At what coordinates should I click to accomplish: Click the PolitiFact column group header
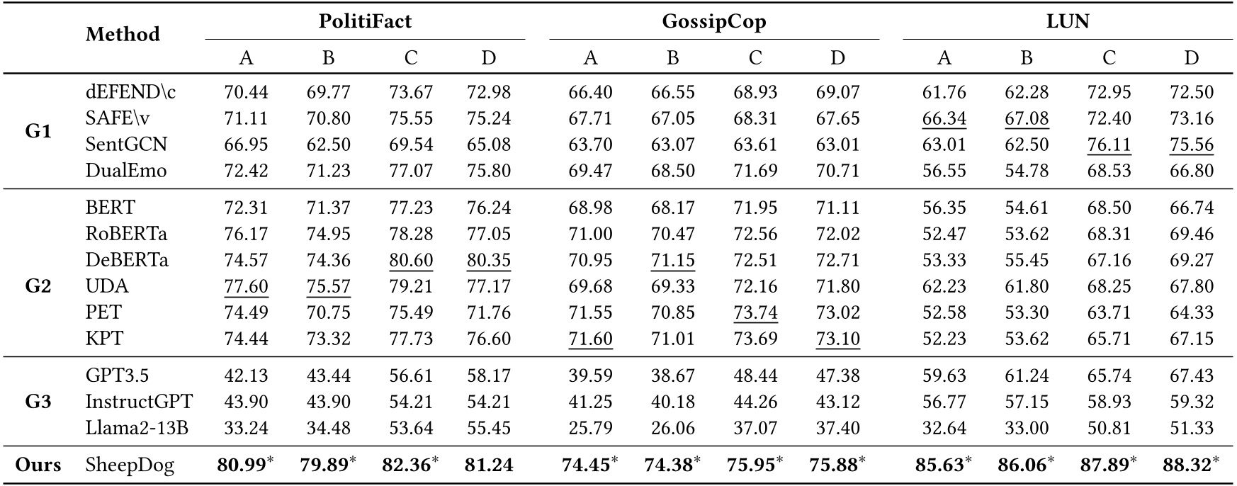click(364, 21)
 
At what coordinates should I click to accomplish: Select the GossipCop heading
click(713, 21)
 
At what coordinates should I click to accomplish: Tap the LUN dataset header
click(1067, 21)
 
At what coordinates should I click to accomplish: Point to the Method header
click(123, 34)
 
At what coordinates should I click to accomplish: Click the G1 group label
click(38, 131)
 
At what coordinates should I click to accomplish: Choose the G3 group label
click(38, 402)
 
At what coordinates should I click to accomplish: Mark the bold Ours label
click(38, 465)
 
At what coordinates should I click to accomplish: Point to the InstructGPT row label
click(139, 402)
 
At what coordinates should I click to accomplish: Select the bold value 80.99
click(241, 465)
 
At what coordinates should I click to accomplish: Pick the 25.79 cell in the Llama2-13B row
click(590, 428)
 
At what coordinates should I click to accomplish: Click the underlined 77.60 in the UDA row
click(246, 286)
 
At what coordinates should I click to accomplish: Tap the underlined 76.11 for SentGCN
click(1109, 145)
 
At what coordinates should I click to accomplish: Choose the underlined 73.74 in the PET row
click(755, 312)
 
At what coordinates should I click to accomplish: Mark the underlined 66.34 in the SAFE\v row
click(944, 118)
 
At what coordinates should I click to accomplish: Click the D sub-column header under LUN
click(1191, 58)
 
